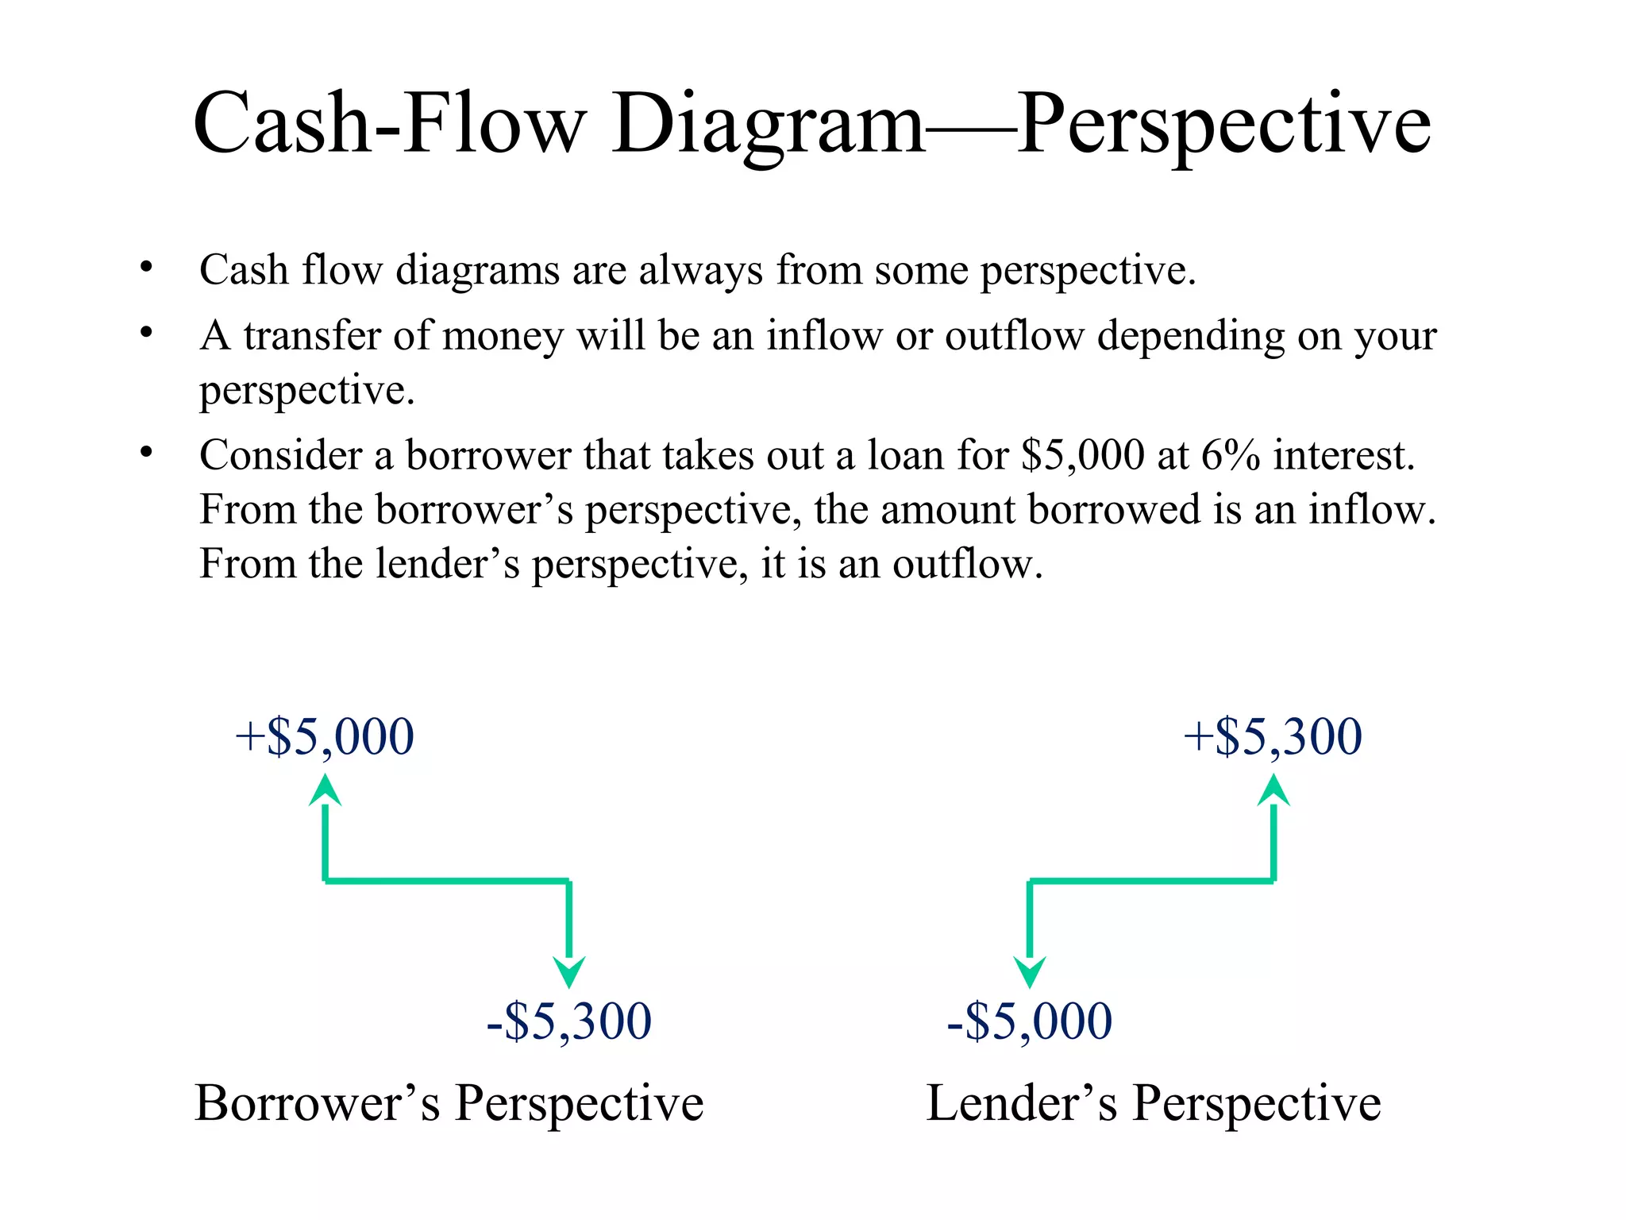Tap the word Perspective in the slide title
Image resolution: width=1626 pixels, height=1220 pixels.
[x=1224, y=125]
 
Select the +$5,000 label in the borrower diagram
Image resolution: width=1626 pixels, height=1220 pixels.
[x=325, y=736]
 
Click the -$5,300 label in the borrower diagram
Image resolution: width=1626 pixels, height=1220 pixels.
[x=569, y=1021]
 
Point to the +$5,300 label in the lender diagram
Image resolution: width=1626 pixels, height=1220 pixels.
[x=1273, y=736]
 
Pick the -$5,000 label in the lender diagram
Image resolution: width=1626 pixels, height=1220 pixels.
[x=1030, y=1021]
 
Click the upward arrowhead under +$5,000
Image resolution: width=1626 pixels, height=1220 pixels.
[x=325, y=791]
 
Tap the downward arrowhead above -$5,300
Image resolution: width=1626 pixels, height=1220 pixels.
[x=569, y=971]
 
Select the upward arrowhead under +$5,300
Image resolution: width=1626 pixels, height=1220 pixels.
[x=1273, y=791]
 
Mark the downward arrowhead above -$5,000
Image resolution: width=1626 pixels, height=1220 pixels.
[x=1030, y=971]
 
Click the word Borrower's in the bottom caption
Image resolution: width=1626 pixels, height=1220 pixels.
[x=318, y=1103]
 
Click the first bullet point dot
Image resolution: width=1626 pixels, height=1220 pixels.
[x=146, y=268]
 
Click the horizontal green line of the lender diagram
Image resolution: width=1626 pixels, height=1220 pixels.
[x=1151, y=881]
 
